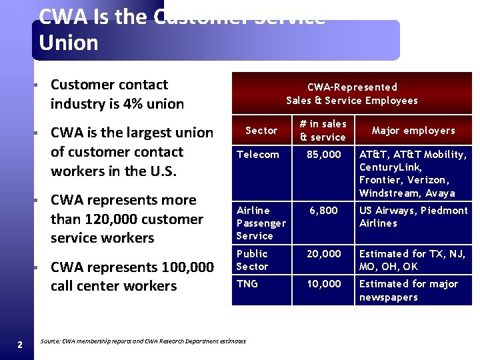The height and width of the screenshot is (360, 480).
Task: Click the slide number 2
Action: pyautogui.click(x=20, y=344)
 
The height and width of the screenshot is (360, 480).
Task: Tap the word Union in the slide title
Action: pyautogui.click(x=69, y=43)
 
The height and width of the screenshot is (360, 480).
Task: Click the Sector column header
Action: pyautogui.click(x=261, y=130)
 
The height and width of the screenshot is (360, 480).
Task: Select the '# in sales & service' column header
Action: pyautogui.click(x=323, y=130)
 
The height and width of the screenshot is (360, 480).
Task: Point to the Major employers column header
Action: pyautogui.click(x=413, y=130)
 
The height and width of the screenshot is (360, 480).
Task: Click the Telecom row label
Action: pyautogui.click(x=258, y=155)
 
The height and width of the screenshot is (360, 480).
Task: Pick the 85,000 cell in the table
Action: pyautogui.click(x=323, y=155)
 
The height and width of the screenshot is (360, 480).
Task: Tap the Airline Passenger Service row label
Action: pyautogui.click(x=261, y=223)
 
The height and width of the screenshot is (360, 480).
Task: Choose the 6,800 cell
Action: pyautogui.click(x=323, y=211)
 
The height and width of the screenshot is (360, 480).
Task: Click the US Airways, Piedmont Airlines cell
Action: pyautogui.click(x=413, y=217)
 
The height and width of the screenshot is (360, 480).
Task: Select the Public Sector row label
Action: pyautogui.click(x=252, y=260)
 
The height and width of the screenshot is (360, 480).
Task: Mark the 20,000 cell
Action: pyautogui.click(x=323, y=254)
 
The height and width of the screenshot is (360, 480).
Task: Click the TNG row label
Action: pyautogui.click(x=248, y=284)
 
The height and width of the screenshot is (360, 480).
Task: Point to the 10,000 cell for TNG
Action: pyautogui.click(x=323, y=284)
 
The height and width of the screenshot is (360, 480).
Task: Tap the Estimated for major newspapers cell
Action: pyautogui.click(x=409, y=291)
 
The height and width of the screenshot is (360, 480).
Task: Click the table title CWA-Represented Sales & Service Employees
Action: pyautogui.click(x=352, y=93)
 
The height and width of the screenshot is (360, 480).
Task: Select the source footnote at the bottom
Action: pyautogui.click(x=143, y=341)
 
